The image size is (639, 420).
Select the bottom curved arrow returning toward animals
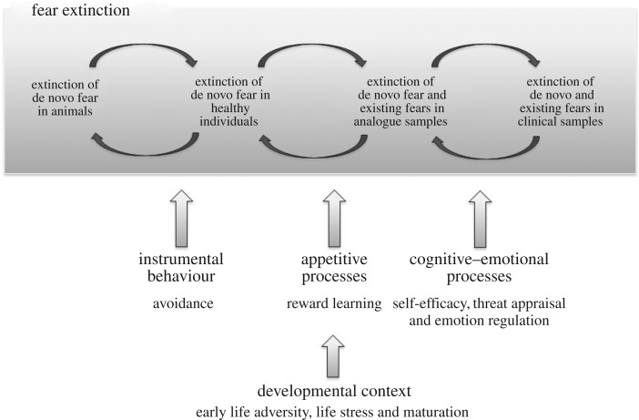click(144, 145)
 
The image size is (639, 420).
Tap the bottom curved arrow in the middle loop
click(308, 145)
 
